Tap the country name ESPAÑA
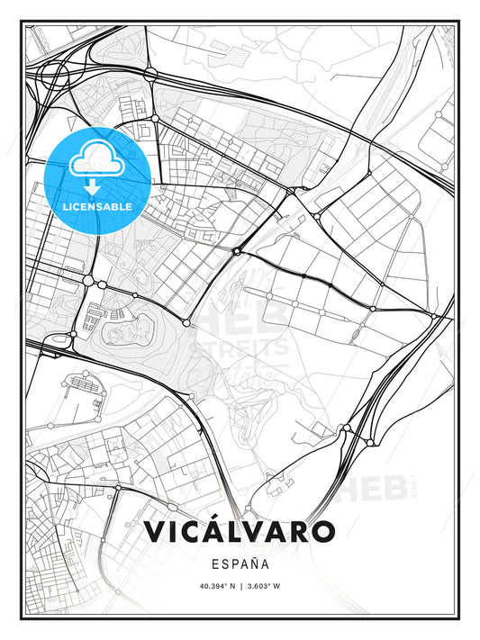(x=240, y=565)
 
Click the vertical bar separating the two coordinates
(x=240, y=588)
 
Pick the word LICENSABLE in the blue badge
(x=97, y=206)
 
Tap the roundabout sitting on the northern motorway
(x=156, y=118)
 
